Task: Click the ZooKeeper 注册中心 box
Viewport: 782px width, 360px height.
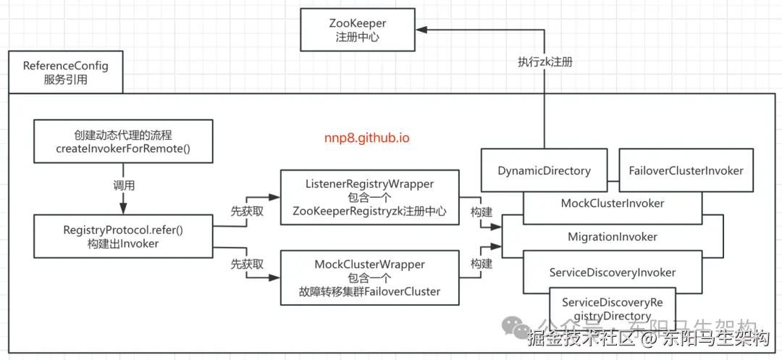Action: tap(358, 30)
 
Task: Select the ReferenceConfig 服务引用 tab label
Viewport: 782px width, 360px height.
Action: tap(65, 72)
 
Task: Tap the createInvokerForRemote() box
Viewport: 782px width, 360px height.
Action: tap(122, 141)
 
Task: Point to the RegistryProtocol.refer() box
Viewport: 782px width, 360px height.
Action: tap(122, 236)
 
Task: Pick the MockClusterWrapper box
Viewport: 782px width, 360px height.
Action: tap(370, 277)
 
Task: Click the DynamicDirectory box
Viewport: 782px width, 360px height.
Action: tap(544, 171)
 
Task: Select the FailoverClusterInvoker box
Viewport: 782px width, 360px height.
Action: tap(686, 171)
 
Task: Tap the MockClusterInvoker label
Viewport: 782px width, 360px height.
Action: tap(613, 204)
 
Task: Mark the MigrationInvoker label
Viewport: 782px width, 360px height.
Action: tap(613, 237)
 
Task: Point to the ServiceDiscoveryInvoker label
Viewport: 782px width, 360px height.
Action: tap(613, 272)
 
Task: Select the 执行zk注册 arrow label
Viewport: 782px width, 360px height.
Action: tap(545, 62)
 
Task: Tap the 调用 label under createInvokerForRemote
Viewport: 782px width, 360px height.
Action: tap(122, 185)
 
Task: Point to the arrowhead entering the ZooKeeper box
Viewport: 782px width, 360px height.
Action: tap(422, 30)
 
